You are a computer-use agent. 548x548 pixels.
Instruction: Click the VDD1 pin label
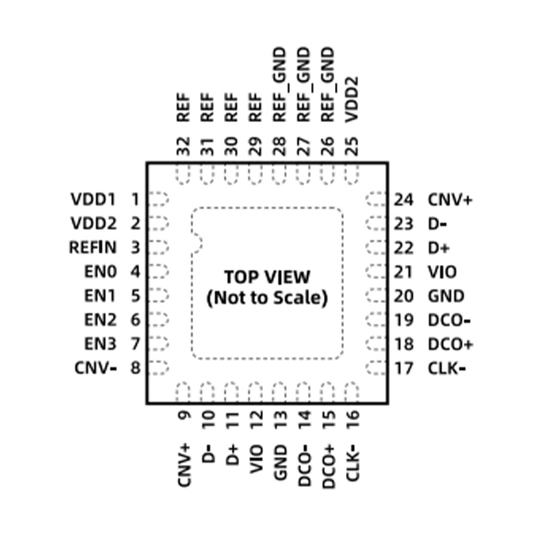(x=93, y=199)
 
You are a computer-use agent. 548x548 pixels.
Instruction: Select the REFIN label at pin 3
(x=92, y=247)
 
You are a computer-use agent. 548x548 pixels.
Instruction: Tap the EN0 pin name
(x=100, y=271)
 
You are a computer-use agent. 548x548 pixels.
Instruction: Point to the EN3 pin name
(x=100, y=344)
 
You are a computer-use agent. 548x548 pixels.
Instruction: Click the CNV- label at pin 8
(x=95, y=368)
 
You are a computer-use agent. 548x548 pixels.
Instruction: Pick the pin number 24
(x=403, y=200)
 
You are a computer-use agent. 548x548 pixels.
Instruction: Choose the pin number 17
(x=403, y=369)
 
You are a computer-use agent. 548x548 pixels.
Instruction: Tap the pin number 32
(x=184, y=146)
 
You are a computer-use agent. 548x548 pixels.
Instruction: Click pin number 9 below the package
(x=184, y=415)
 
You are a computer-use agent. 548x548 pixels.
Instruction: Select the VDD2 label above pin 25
(x=351, y=99)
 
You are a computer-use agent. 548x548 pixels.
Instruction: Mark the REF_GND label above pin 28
(x=279, y=85)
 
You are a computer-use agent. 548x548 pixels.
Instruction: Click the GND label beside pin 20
(x=447, y=297)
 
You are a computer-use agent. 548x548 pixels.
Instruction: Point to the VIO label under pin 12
(x=256, y=459)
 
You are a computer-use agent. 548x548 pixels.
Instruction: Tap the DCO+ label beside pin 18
(x=451, y=345)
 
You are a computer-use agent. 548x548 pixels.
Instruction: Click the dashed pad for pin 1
(x=158, y=199)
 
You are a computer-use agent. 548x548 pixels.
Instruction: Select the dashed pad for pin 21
(x=376, y=271)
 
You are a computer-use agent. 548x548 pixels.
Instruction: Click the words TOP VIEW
(x=267, y=277)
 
